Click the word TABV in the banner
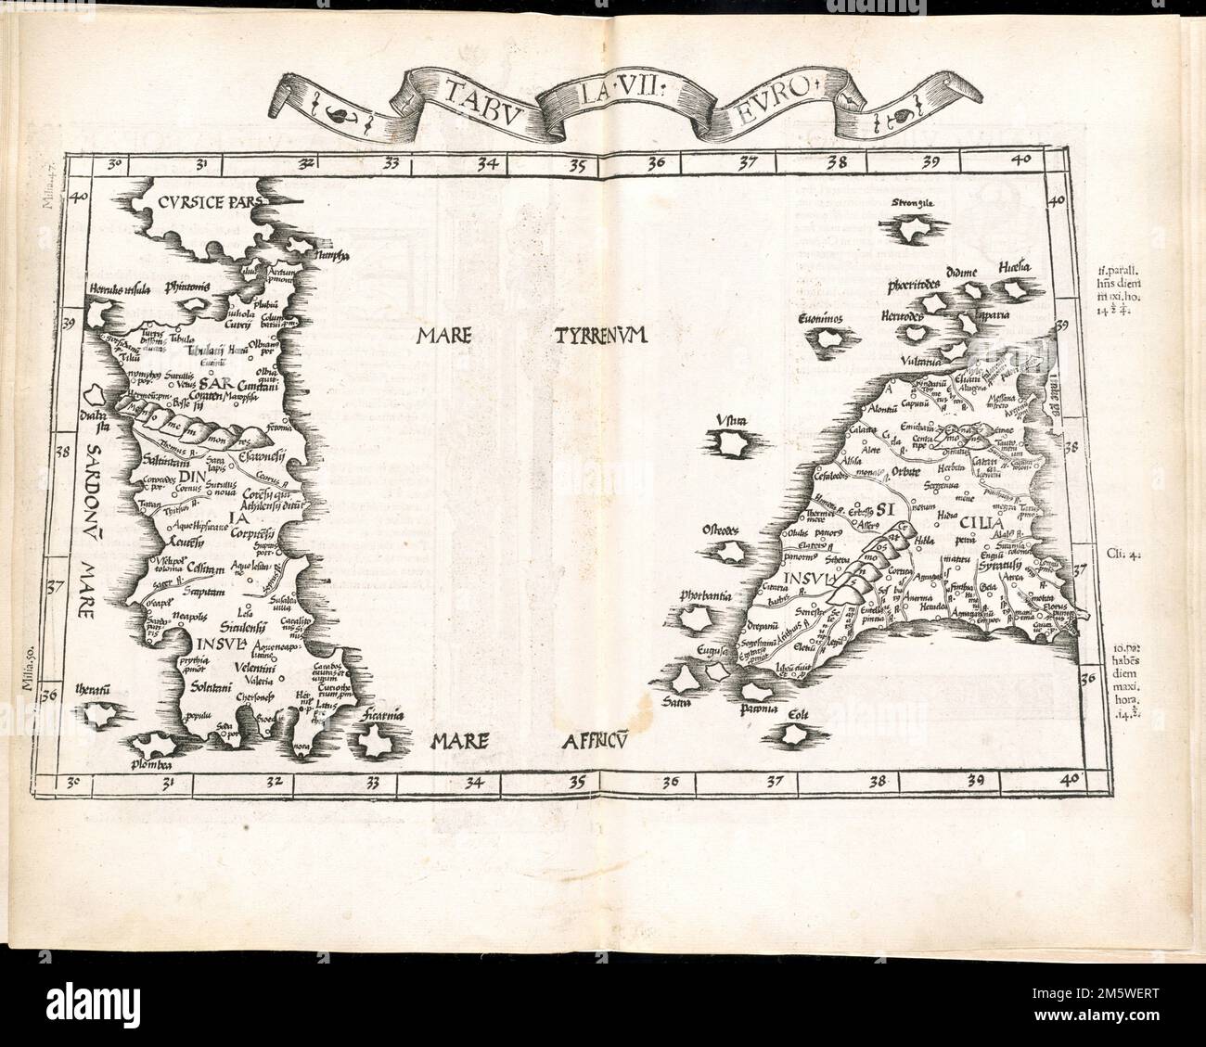[x=472, y=92]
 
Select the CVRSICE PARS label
[x=211, y=199]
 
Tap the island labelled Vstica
[x=733, y=445]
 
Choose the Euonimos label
[x=819, y=319]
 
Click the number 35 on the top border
[x=577, y=168]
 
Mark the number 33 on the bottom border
[x=373, y=782]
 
